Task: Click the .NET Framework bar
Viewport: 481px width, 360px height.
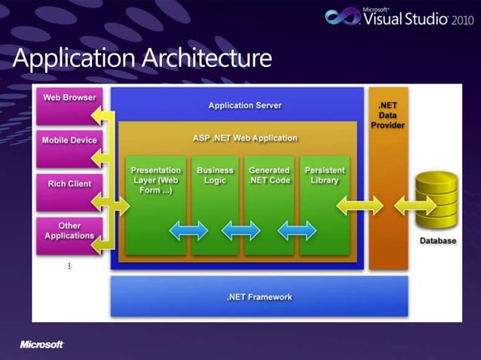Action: [259, 296]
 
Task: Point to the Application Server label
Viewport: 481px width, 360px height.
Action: [245, 105]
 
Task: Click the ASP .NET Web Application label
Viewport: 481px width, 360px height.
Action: [245, 139]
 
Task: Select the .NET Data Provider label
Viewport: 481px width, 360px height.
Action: [388, 115]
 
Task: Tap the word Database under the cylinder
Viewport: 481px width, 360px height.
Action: [438, 241]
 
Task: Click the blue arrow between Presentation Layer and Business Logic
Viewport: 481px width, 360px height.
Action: [188, 230]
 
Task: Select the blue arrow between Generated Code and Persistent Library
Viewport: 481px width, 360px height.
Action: [297, 230]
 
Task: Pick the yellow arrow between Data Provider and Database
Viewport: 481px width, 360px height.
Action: [414, 203]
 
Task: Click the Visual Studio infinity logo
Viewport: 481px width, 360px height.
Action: [342, 17]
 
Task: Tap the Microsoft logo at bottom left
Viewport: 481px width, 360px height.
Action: [41, 344]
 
